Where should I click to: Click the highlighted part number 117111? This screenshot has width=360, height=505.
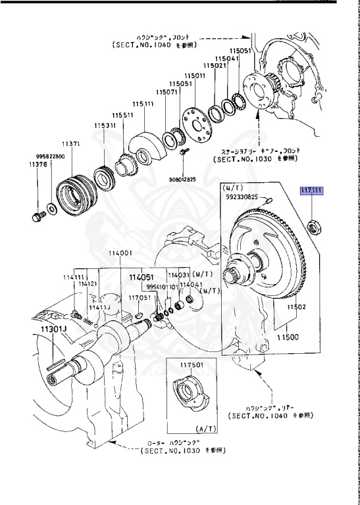[x=311, y=191]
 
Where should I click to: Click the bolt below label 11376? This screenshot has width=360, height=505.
[x=37, y=216]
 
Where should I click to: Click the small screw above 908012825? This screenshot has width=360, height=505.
[x=180, y=153]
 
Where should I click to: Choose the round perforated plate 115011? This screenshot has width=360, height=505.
[x=197, y=124]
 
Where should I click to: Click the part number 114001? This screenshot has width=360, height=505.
[x=120, y=253]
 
